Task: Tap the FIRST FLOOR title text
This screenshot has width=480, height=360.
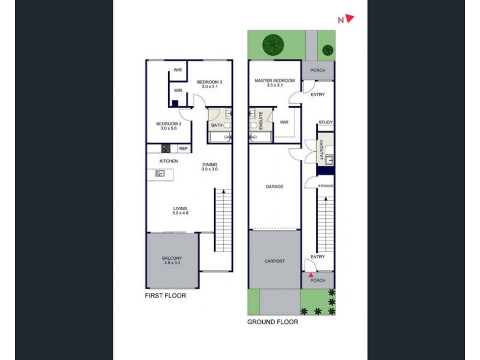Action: point(166,296)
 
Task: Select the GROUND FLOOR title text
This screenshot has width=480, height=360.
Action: point(273,322)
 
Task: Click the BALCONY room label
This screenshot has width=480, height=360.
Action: point(172,260)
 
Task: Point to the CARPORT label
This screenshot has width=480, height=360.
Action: point(275,261)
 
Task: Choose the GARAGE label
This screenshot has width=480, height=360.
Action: point(274,187)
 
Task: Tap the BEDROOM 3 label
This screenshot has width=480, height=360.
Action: point(211,84)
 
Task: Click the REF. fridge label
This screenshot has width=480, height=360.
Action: point(183,148)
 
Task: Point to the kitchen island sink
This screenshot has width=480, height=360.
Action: point(160,174)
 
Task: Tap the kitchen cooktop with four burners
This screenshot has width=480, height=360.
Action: point(166,148)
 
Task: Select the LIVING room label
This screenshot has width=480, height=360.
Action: point(180,211)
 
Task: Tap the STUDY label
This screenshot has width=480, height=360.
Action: point(326,122)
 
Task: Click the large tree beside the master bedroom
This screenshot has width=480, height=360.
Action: point(273,44)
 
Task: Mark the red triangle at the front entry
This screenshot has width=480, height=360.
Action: point(310,275)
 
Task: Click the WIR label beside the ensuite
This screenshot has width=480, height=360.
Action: point(284,122)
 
